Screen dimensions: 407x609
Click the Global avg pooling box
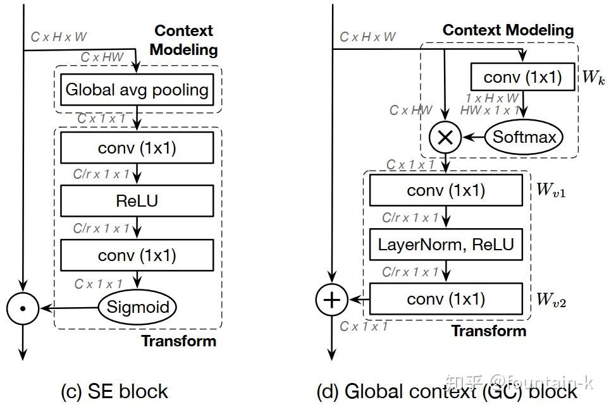[137, 90]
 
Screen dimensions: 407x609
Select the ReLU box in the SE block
[137, 201]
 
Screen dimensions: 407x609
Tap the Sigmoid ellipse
[137, 307]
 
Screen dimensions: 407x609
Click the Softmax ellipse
[524, 137]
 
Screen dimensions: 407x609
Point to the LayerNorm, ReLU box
[446, 244]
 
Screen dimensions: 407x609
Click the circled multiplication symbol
[445, 137]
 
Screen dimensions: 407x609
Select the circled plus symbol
[331, 300]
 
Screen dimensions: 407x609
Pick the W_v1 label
[550, 189]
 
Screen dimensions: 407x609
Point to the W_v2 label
[550, 300]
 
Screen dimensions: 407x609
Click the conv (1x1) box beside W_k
[522, 77]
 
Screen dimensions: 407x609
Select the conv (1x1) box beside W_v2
[446, 299]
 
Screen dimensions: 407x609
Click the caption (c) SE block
[114, 391]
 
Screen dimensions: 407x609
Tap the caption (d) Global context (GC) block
[446, 391]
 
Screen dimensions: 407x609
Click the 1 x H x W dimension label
[492, 98]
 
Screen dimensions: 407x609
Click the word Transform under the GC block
[489, 331]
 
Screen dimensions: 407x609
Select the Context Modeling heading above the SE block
[184, 40]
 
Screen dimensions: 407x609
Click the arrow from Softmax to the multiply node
[474, 137]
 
